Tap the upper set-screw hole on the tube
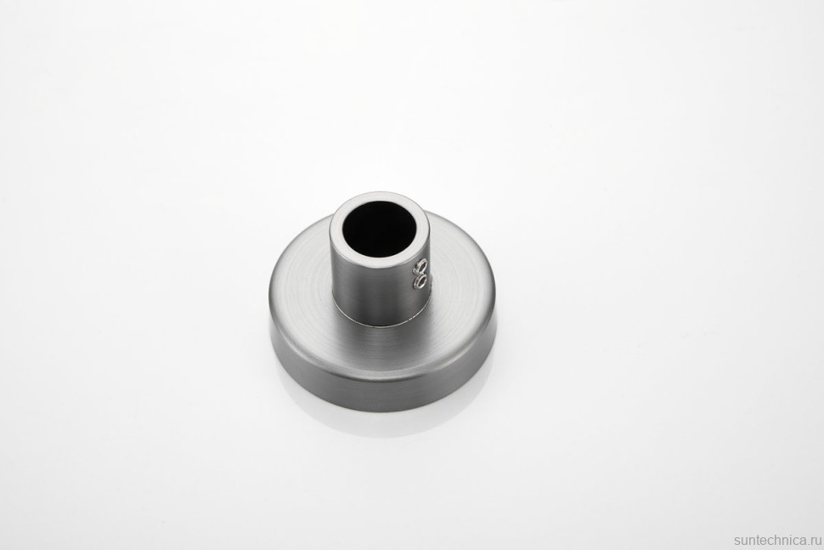pyautogui.click(x=421, y=265)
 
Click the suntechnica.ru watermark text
pyautogui.click(x=777, y=541)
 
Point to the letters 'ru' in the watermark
pyautogui.click(x=815, y=541)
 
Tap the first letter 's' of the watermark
pyautogui.click(x=737, y=541)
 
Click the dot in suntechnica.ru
pyautogui.click(x=807, y=545)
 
